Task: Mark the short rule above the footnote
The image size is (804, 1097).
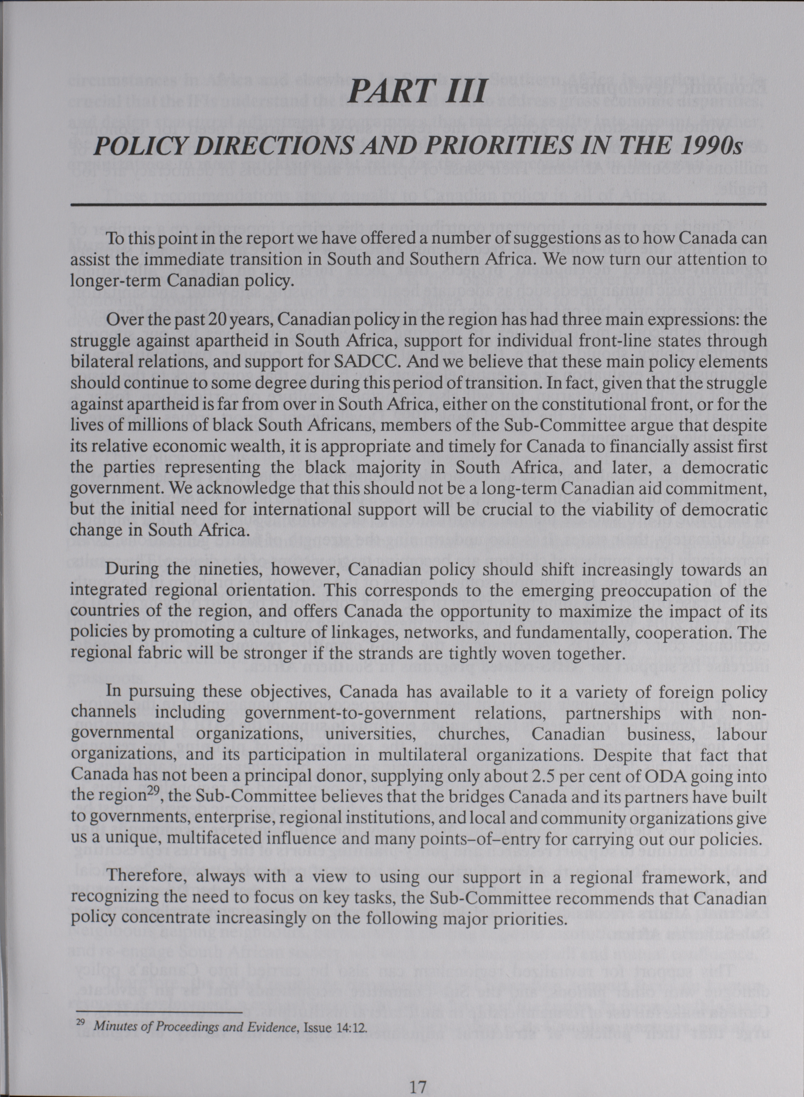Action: pyautogui.click(x=156, y=983)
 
